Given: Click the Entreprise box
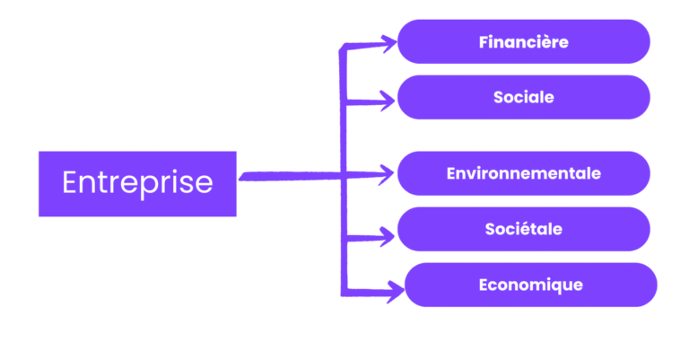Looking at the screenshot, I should click(x=137, y=183).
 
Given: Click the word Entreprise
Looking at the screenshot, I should click(x=137, y=183).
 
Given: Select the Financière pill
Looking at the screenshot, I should click(x=523, y=42).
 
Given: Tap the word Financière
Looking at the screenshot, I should click(x=524, y=42).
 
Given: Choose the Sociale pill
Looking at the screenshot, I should click(x=523, y=97).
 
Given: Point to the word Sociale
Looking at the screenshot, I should click(x=524, y=97).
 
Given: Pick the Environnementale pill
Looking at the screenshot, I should click(x=523, y=173).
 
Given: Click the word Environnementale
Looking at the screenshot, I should click(x=524, y=173).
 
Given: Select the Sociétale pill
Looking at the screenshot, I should click(x=523, y=229).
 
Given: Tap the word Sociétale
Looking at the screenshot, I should click(x=524, y=229).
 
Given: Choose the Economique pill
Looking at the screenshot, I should click(x=530, y=285).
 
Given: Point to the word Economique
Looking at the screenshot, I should click(x=531, y=285).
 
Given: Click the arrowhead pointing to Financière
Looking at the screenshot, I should click(x=388, y=40).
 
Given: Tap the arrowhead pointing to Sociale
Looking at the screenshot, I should click(x=388, y=100).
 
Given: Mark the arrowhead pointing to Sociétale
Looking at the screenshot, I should click(x=388, y=236).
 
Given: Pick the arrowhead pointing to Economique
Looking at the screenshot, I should click(x=396, y=289).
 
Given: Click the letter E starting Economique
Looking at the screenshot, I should click(x=484, y=285).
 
